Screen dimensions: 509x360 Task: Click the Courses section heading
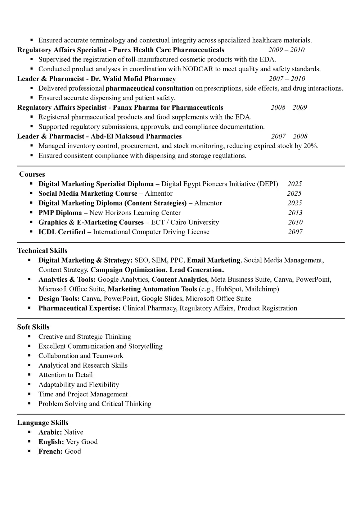click(x=32, y=174)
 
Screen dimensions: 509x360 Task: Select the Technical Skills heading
click(x=42, y=251)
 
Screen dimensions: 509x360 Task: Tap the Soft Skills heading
click(x=33, y=327)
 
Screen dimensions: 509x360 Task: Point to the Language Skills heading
click(x=42, y=423)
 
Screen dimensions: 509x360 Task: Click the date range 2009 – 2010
click(x=286, y=50)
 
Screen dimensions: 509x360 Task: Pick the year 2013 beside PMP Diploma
click(x=295, y=213)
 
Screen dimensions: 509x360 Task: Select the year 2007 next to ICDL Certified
click(x=295, y=232)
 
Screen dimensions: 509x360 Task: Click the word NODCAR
click(x=198, y=69)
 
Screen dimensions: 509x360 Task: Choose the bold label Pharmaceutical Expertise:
click(x=80, y=308)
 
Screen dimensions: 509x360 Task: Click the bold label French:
click(x=51, y=451)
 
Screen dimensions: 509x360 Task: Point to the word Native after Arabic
click(x=73, y=432)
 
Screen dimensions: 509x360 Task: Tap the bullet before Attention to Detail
click(x=30, y=375)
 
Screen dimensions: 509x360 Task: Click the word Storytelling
click(x=145, y=346)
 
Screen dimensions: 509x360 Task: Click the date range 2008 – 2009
click(x=289, y=108)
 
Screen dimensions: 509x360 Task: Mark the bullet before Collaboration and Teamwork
click(x=30, y=356)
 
